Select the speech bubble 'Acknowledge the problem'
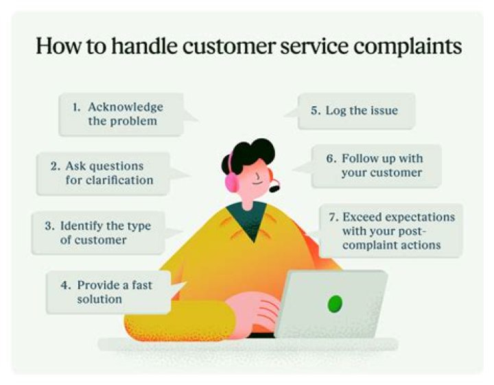(x=121, y=114)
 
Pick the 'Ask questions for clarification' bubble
(x=103, y=173)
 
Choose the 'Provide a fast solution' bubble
(x=110, y=292)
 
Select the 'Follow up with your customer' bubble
(x=375, y=165)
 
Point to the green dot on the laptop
(x=335, y=302)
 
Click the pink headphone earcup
(x=231, y=182)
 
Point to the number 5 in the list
(x=315, y=110)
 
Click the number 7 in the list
(x=333, y=217)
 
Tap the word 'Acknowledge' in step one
(x=126, y=108)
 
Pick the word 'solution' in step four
(x=99, y=299)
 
